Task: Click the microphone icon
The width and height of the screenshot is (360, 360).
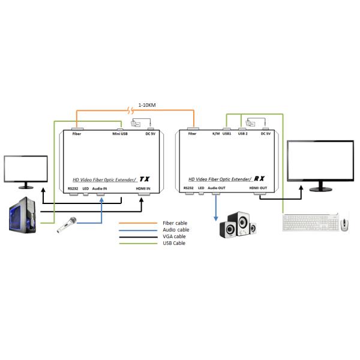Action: pos(67,225)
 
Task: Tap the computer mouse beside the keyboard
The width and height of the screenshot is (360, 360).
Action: pos(344,224)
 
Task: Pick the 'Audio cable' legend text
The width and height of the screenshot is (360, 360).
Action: pos(176,230)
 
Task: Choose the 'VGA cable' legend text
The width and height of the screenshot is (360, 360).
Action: pos(175,236)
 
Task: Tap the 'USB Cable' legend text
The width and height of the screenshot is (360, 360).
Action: pos(175,243)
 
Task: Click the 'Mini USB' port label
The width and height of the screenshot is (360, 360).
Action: pos(120,134)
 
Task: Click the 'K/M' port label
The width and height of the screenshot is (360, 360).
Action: pos(216,134)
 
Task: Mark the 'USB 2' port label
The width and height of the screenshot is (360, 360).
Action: pos(242,134)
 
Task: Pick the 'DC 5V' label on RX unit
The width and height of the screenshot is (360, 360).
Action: pos(266,134)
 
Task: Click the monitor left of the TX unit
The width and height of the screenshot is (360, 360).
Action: pos(26,170)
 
